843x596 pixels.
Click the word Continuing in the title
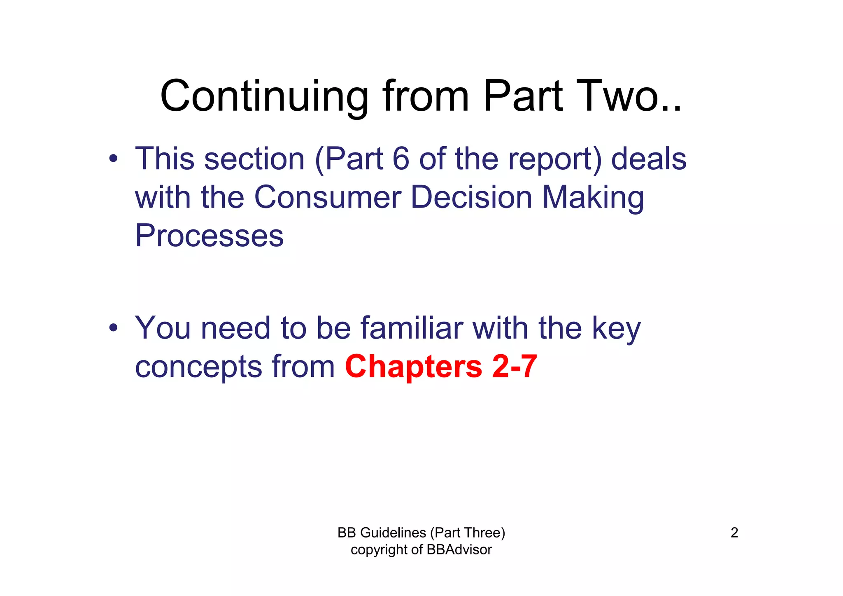264,97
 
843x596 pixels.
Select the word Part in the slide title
522,97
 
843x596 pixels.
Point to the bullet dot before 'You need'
114,328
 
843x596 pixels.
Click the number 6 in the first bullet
401,159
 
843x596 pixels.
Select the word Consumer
327,197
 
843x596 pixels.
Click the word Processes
209,236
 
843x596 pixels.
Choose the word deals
649,159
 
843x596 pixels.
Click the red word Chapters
413,367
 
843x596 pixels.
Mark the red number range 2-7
515,367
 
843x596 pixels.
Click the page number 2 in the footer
734,533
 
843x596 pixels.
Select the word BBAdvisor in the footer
459,550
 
